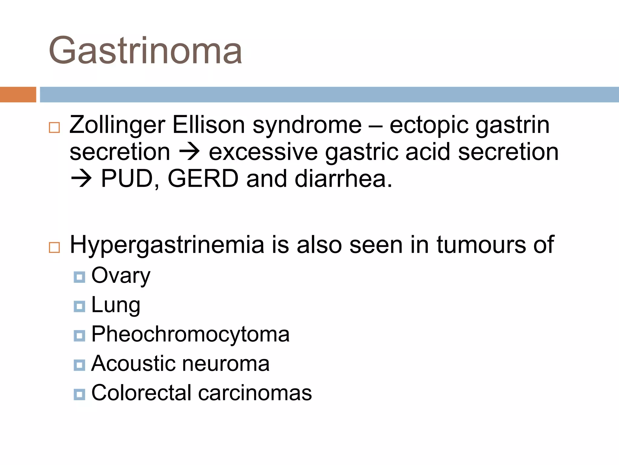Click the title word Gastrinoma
[145, 51]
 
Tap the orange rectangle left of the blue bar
[18, 94]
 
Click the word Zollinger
[117, 125]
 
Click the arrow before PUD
[81, 179]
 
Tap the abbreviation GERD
[203, 179]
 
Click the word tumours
[481, 245]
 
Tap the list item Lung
[116, 305]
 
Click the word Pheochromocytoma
[190, 334]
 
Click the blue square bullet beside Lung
[79, 306]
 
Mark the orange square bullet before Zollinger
[54, 127]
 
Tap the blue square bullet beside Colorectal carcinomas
[79, 394]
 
